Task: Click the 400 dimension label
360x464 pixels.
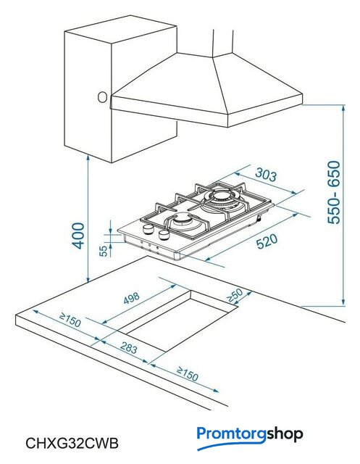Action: click(78, 236)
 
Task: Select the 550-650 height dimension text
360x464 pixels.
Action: click(335, 192)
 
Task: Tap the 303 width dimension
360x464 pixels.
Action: click(266, 175)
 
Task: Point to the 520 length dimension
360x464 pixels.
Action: click(267, 241)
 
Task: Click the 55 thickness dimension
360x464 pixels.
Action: click(103, 251)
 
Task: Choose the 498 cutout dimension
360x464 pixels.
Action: click(132, 298)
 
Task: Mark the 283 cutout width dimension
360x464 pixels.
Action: click(129, 347)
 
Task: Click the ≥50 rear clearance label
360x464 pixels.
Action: click(235, 295)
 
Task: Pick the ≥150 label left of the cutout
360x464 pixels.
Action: click(70, 320)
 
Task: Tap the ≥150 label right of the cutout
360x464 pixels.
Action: click(187, 374)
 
